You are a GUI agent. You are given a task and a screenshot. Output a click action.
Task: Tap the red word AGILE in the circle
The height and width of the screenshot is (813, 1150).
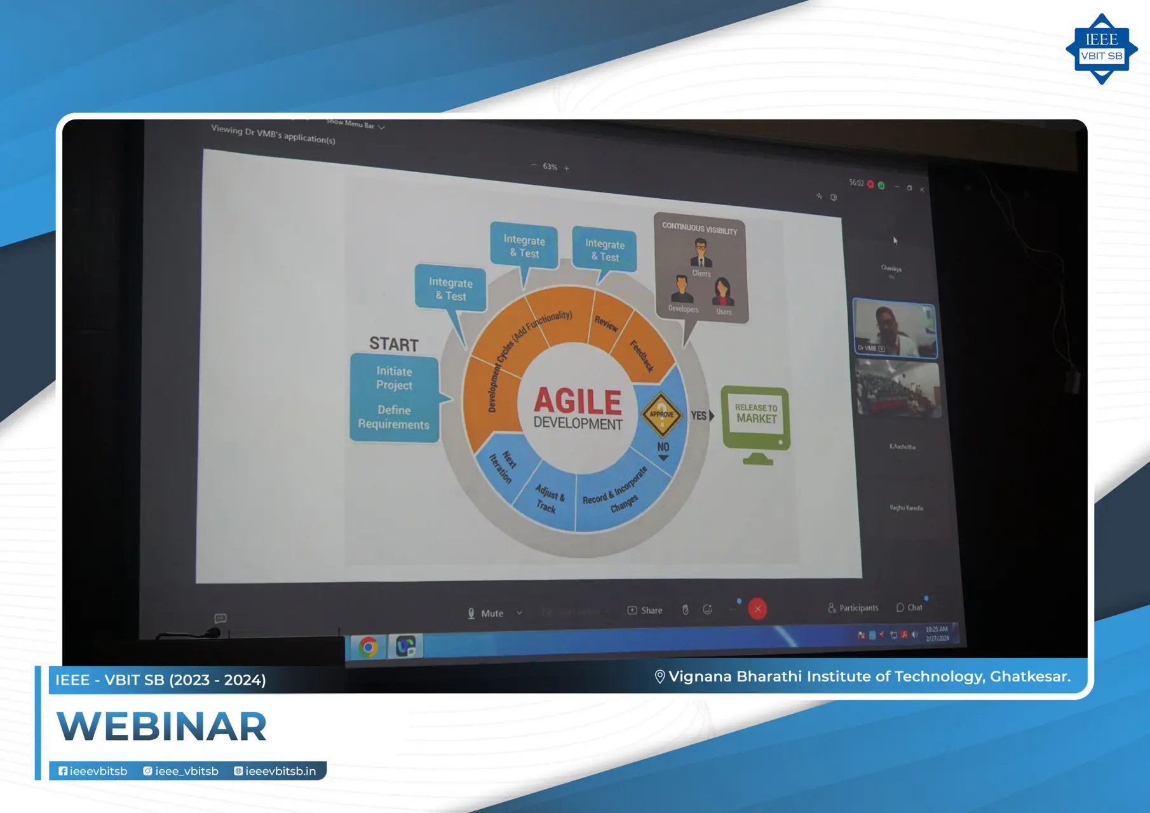click(577, 401)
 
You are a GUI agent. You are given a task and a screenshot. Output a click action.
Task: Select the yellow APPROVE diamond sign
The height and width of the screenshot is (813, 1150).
click(661, 414)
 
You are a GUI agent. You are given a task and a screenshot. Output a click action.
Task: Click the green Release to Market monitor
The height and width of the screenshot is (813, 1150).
click(755, 419)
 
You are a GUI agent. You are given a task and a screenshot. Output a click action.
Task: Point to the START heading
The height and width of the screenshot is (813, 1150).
click(394, 344)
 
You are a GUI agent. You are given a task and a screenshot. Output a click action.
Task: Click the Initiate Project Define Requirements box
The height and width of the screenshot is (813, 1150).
click(394, 398)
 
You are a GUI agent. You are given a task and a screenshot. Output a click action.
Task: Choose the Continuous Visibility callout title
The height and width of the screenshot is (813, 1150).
click(700, 228)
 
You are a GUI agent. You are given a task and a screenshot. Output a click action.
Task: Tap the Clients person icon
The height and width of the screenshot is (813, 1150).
click(701, 255)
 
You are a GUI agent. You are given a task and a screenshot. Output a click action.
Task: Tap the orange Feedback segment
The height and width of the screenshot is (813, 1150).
click(643, 354)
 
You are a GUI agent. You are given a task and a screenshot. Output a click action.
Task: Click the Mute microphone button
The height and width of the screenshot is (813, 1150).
click(486, 614)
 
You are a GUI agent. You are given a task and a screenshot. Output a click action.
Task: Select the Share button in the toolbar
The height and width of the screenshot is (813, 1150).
click(645, 610)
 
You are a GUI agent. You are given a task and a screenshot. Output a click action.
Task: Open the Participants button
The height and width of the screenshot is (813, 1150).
click(853, 608)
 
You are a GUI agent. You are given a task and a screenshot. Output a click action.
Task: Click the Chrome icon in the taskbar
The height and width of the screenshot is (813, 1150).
click(368, 647)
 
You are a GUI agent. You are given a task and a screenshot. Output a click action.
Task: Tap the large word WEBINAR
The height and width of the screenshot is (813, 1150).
click(162, 727)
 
